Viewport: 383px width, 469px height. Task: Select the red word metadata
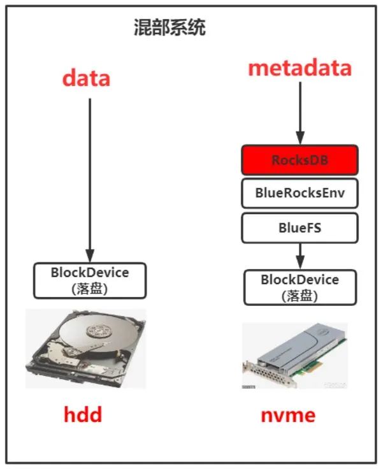[x=300, y=68]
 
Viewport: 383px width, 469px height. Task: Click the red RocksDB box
[x=299, y=160]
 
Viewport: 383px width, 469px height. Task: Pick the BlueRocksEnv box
[x=299, y=193]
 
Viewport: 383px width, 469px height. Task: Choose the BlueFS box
[x=299, y=227]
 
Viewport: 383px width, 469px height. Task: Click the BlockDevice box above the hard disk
[x=90, y=279]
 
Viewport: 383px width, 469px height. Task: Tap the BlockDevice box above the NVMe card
[x=300, y=287]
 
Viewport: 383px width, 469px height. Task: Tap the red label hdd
[x=82, y=415]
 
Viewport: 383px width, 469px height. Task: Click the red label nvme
[x=288, y=415]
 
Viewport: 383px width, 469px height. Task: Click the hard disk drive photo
[x=85, y=349]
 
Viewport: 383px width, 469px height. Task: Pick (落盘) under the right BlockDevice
[x=300, y=295]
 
